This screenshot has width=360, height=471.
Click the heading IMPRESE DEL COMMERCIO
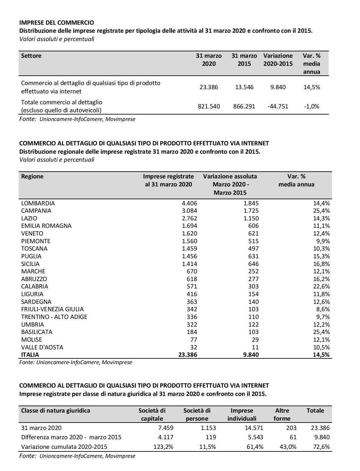[57, 22]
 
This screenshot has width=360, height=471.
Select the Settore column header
[31, 56]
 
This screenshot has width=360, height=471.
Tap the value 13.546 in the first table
[244, 87]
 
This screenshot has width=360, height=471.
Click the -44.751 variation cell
[278, 106]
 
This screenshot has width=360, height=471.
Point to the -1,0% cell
[312, 106]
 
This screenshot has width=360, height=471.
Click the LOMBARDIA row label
[38, 203]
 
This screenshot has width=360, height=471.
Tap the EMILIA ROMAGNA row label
[46, 226]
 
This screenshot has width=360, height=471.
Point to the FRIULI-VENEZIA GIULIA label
[52, 309]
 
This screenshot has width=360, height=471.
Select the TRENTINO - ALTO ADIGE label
[54, 317]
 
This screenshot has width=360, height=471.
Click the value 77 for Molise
[193, 339]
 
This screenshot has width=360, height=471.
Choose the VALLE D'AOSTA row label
[42, 347]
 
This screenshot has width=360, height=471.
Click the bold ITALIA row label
[30, 355]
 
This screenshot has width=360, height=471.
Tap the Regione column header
[32, 176]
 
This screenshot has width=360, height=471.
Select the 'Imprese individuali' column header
[242, 415]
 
